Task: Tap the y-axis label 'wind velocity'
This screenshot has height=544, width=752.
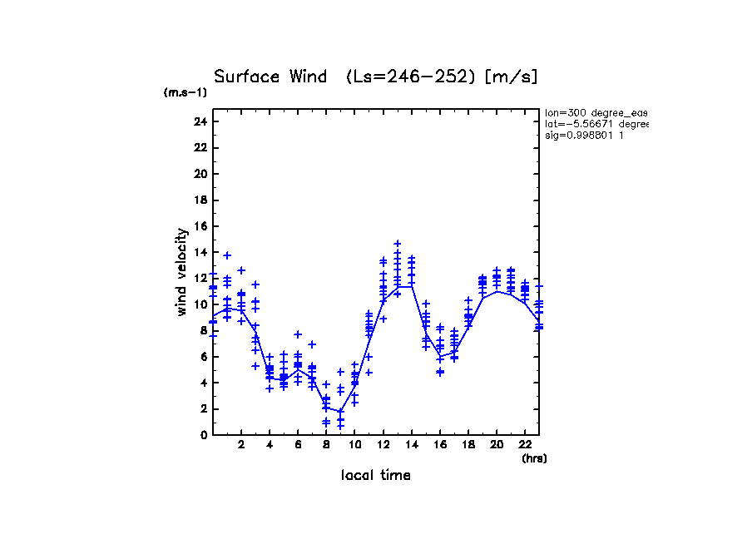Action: pyautogui.click(x=181, y=272)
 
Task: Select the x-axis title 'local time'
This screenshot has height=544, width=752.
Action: pyautogui.click(x=375, y=475)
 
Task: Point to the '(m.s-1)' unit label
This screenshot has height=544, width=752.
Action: pyautogui.click(x=186, y=93)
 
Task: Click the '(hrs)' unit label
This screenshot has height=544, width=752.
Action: pyautogui.click(x=534, y=458)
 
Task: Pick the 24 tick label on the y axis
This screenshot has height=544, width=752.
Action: pyautogui.click(x=200, y=121)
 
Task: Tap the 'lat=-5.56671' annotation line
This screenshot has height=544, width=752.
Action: pyautogui.click(x=596, y=124)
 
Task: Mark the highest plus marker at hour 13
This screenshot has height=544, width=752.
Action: pyautogui.click(x=398, y=244)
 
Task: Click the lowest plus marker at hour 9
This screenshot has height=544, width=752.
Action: pyautogui.click(x=340, y=426)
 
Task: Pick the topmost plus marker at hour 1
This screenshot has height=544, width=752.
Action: pyautogui.click(x=227, y=255)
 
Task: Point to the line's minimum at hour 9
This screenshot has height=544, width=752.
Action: pyautogui.click(x=340, y=411)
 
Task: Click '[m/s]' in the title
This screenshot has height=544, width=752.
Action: pyautogui.click(x=511, y=77)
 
